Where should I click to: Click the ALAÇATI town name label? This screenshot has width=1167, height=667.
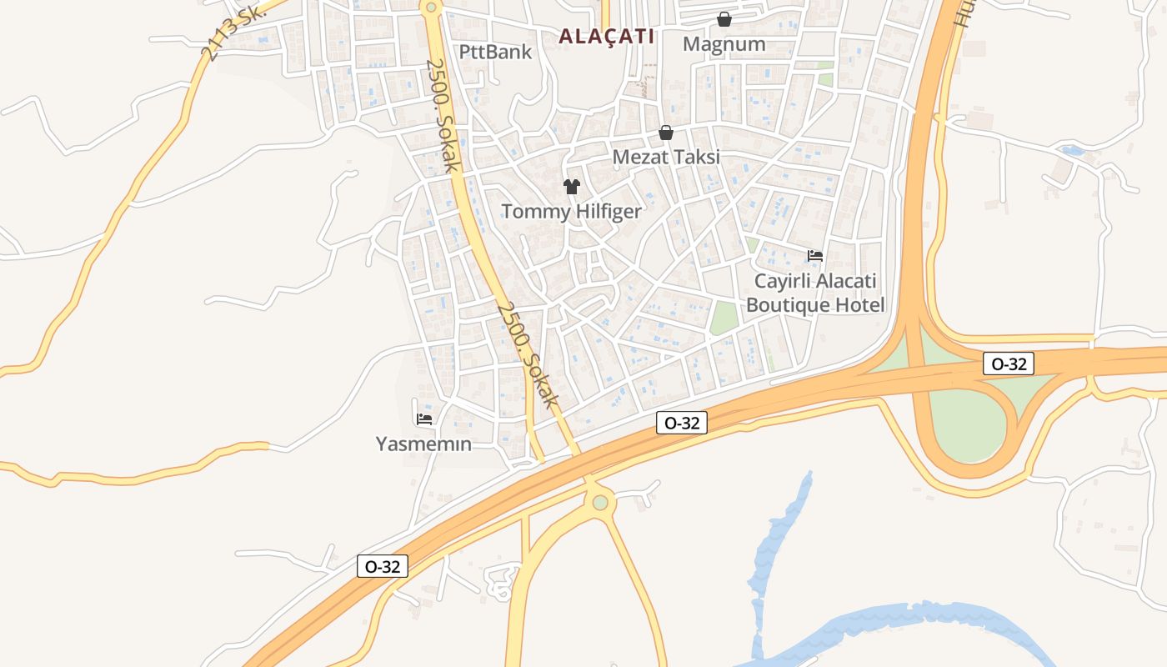click(606, 37)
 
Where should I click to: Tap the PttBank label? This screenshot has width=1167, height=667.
click(495, 52)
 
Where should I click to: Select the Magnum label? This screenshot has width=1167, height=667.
click(724, 43)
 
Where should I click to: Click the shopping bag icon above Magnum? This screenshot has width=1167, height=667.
click(724, 19)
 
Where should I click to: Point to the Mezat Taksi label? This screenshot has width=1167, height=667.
click(665, 157)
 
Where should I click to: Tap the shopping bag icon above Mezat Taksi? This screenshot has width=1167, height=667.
click(665, 133)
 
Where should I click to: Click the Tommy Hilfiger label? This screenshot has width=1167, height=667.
click(571, 211)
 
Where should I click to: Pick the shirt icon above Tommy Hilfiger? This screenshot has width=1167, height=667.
click(571, 187)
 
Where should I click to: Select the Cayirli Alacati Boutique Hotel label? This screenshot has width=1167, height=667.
click(815, 293)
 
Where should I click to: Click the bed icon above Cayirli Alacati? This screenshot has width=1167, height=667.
click(815, 256)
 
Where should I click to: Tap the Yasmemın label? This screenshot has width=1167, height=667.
click(423, 444)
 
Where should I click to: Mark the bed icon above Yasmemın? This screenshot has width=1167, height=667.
click(424, 419)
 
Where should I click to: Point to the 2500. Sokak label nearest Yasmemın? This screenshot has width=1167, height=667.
click(527, 354)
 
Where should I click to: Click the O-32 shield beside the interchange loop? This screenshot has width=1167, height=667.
click(1009, 364)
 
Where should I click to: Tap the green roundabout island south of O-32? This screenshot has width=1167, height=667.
click(600, 502)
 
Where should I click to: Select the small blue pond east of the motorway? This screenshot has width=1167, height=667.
click(1071, 151)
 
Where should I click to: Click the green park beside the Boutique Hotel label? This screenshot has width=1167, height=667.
click(724, 318)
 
